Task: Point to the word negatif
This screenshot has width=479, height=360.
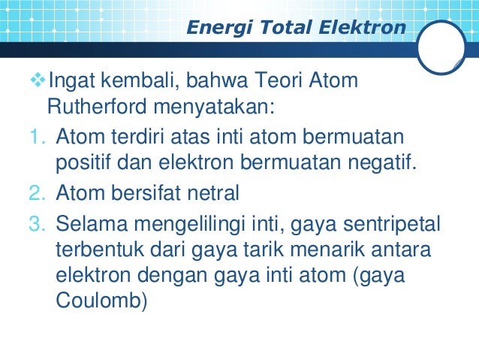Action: (x=376, y=163)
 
